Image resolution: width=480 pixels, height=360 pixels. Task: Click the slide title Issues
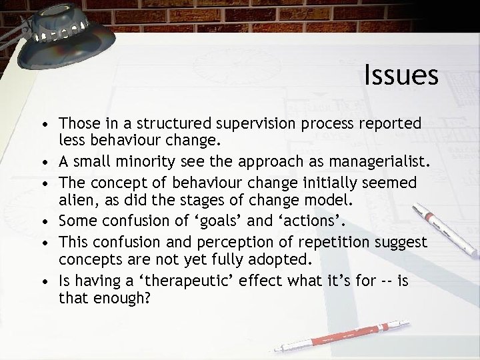tap(401, 75)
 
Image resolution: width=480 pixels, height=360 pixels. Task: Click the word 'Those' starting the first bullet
tap(77, 124)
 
